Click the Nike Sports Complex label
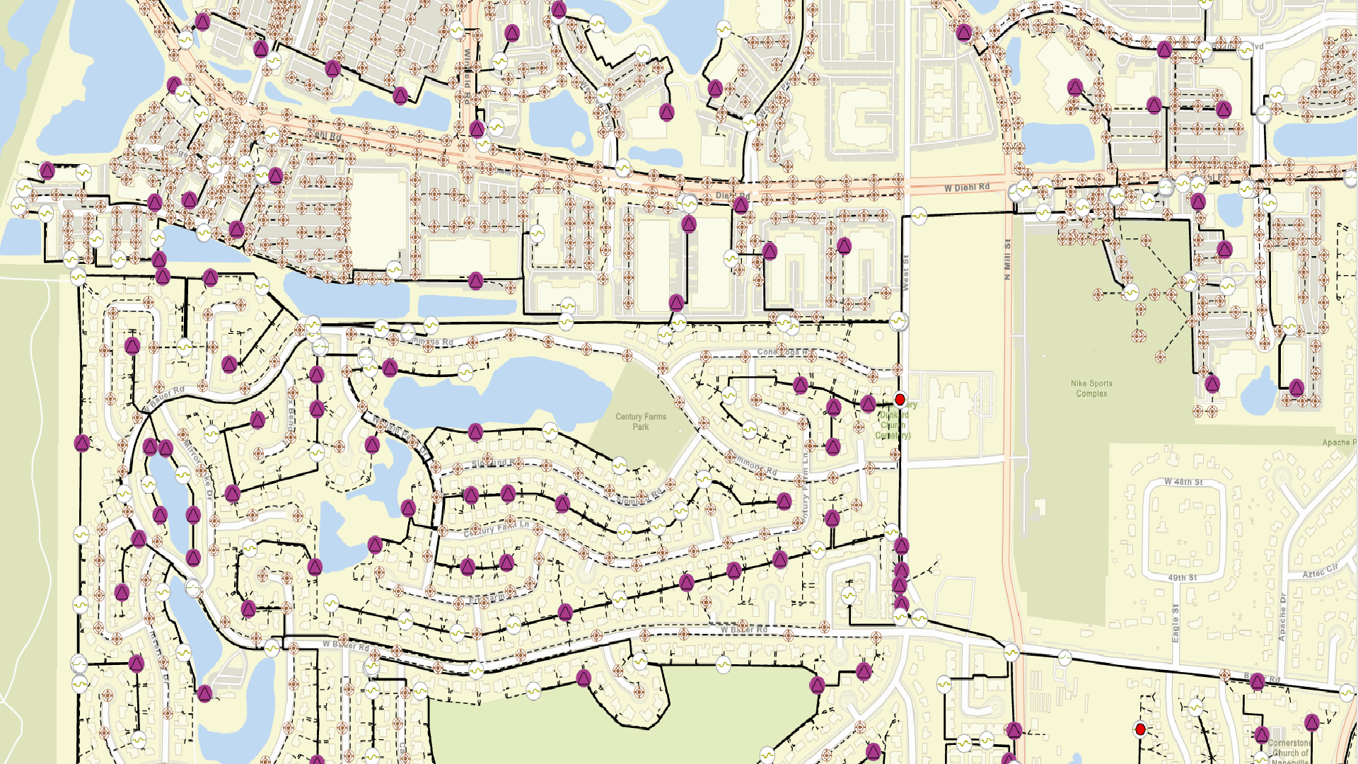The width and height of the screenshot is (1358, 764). (x=1091, y=388)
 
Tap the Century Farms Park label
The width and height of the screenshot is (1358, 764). (x=640, y=422)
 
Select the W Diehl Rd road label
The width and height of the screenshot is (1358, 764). (x=967, y=187)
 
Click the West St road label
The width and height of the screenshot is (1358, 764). (x=905, y=272)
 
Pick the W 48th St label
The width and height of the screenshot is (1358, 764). (x=1183, y=482)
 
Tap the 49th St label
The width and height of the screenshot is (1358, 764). (x=1182, y=578)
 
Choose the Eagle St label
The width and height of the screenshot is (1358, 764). (x=1175, y=623)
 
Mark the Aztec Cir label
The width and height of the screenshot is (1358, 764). (x=1320, y=571)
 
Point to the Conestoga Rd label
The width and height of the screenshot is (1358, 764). (x=786, y=352)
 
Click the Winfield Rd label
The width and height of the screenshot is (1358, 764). (x=468, y=69)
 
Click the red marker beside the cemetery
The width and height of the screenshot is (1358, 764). (x=900, y=400)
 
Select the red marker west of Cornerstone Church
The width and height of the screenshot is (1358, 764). (x=1140, y=729)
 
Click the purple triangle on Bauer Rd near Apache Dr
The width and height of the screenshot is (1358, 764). (x=1257, y=682)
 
